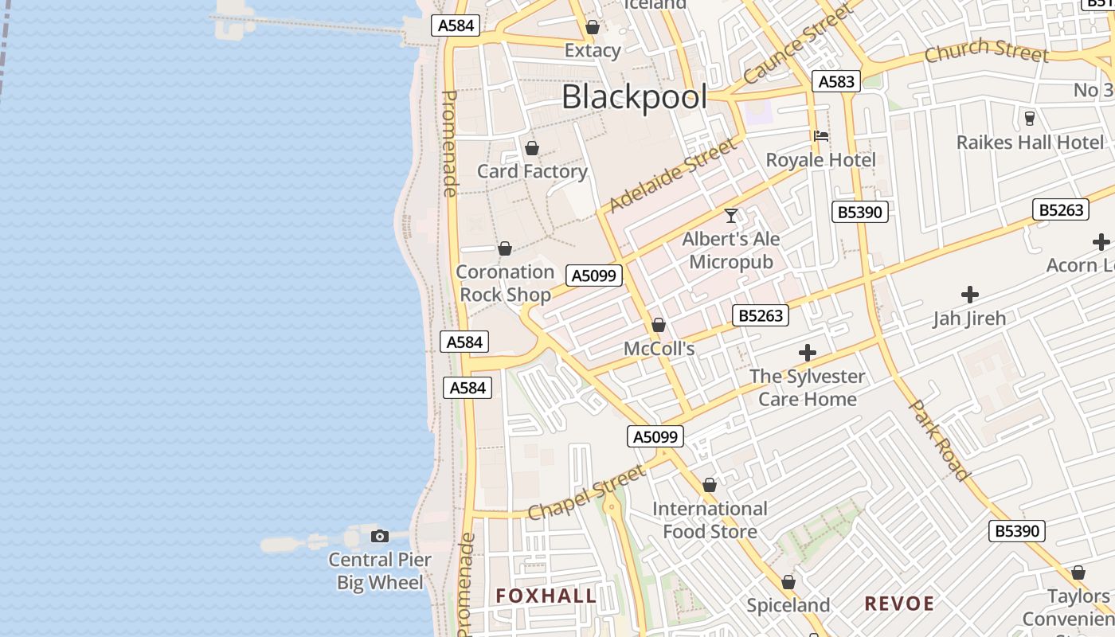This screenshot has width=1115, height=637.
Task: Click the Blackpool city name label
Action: (634, 97)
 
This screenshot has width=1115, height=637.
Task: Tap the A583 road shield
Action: (836, 80)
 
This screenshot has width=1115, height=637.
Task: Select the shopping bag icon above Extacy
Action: (592, 28)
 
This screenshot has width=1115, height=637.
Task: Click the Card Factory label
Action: (532, 171)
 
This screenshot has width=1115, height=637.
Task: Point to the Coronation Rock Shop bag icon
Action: (504, 249)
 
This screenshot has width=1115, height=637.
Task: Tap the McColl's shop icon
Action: (659, 325)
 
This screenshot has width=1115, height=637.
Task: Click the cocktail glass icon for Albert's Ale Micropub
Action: (731, 215)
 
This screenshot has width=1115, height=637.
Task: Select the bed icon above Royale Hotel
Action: (821, 136)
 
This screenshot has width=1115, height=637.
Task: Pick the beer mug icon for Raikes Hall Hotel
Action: (1030, 119)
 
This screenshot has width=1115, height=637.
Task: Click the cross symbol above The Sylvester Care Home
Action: (808, 353)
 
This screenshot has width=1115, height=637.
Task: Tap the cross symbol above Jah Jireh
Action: (969, 295)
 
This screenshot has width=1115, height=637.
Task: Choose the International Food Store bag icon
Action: (710, 485)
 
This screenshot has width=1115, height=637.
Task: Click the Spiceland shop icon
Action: (788, 583)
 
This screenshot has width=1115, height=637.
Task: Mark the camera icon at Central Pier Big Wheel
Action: (380, 536)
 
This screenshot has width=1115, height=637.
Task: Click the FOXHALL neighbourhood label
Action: (546, 596)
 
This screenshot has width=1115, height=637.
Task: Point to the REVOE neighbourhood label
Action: (899, 604)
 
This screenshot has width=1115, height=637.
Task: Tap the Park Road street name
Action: (941, 440)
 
